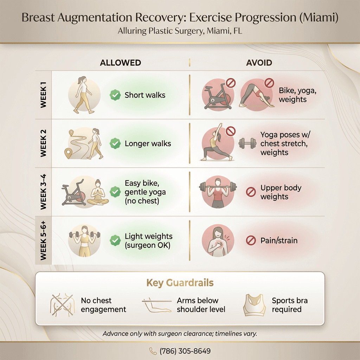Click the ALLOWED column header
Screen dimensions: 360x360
[121, 63]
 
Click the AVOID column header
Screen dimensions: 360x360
[259, 63]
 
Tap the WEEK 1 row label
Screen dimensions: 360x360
[44, 95]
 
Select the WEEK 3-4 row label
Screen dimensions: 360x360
[44, 192]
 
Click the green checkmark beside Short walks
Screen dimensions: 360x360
[115, 95]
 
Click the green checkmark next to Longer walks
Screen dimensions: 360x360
[115, 143]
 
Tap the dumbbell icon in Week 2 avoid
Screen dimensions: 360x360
[247, 143]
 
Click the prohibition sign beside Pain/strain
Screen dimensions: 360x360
[251, 240]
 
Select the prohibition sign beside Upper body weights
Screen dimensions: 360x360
[251, 192]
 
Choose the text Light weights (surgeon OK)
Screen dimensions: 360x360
[148, 241]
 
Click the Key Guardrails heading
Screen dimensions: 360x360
[180, 283]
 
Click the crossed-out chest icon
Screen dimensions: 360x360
[63, 304]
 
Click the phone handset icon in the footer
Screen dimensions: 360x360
[153, 351]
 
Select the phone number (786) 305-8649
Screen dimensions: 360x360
[185, 351]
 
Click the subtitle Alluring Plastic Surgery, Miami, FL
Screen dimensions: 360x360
[180, 31]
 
